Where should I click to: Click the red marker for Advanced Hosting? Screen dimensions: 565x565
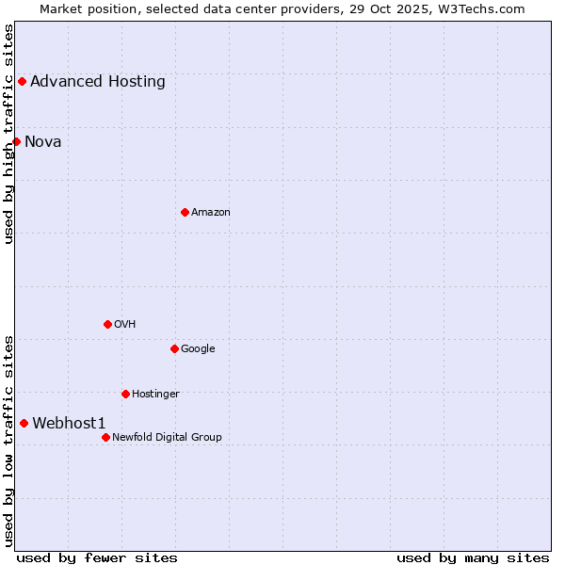(x=22, y=81)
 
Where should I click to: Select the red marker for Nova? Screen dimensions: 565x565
(x=16, y=141)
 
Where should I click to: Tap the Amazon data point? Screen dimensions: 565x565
(x=185, y=212)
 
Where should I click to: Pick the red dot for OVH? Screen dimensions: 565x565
(x=107, y=324)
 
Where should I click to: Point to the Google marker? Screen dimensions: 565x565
(x=174, y=348)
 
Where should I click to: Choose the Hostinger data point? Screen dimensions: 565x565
(x=125, y=394)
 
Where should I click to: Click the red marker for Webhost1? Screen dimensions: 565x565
(x=24, y=423)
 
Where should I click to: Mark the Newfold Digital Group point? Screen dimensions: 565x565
(x=105, y=437)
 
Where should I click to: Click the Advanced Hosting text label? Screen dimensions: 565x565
(x=98, y=81)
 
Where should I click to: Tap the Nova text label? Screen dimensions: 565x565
(x=43, y=141)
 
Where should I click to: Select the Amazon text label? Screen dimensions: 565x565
(x=211, y=212)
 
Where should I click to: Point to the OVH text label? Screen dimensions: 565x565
(x=125, y=324)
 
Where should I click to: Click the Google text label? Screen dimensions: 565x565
(x=198, y=348)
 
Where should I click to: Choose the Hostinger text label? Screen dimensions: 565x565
(x=155, y=394)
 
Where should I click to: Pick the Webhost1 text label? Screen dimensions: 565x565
(x=70, y=423)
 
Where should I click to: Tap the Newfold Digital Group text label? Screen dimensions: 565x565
(x=167, y=437)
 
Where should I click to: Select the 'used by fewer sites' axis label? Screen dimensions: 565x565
(x=97, y=557)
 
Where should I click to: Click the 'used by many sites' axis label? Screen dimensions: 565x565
(x=473, y=557)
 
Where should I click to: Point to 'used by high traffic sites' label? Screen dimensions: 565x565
(x=8, y=134)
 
